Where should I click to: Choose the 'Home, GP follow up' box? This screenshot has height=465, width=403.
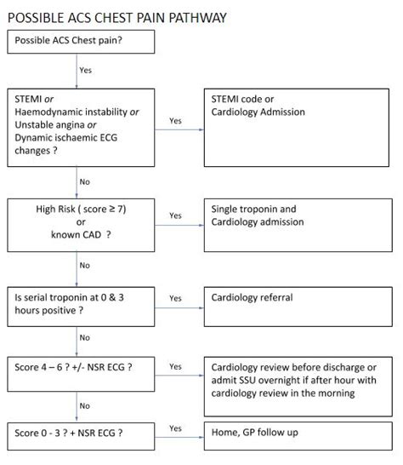point(299,433)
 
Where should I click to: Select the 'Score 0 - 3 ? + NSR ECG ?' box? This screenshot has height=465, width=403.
point(80,433)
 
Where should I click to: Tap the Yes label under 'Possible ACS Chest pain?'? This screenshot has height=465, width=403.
point(86,70)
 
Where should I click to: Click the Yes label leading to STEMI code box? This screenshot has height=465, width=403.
point(175,121)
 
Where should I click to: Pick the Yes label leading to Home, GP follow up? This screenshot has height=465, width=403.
point(175,428)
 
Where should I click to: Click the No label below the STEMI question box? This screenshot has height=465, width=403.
point(85,181)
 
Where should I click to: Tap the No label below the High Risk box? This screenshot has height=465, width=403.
point(85,265)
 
